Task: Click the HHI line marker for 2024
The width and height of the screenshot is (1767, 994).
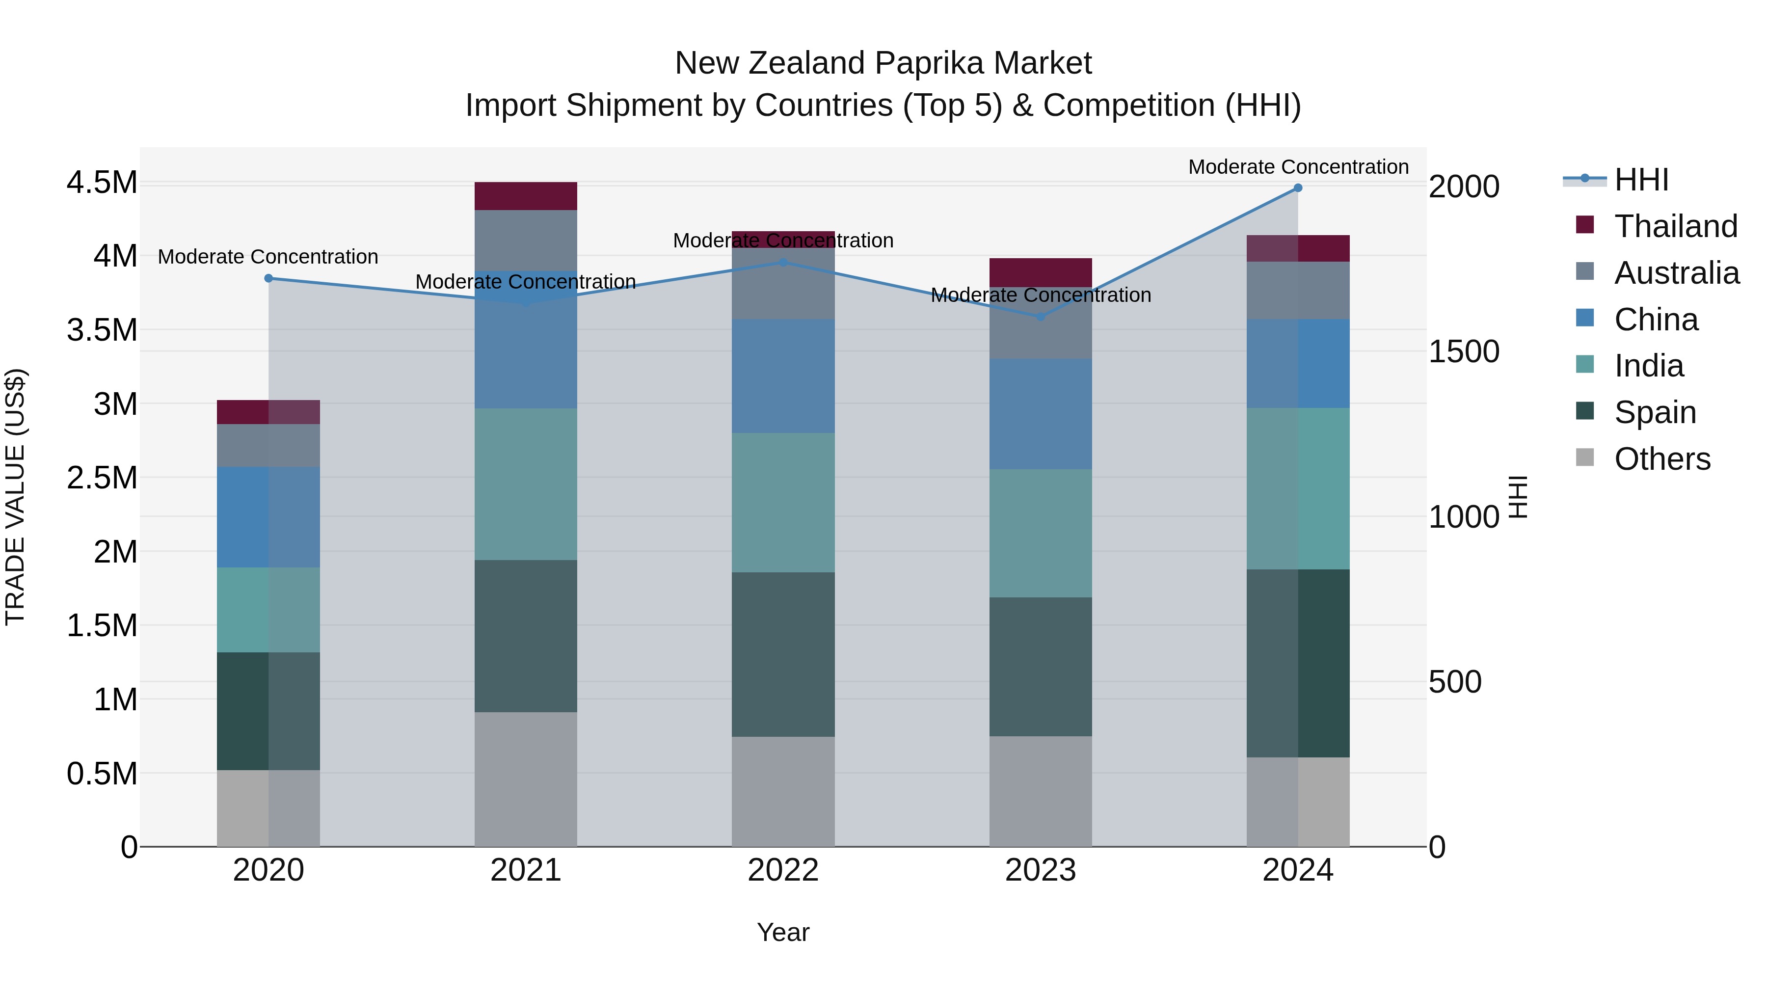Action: coord(1297,188)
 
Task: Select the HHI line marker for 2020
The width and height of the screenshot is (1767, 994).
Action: coord(268,278)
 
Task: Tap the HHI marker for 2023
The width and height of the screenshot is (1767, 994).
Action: coord(1040,317)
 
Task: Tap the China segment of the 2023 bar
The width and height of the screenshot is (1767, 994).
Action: coord(1040,414)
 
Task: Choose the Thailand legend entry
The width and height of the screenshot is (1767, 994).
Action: coord(1675,226)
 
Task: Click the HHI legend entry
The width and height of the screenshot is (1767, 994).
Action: coord(1641,180)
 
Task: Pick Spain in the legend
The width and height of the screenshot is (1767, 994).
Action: coord(1655,412)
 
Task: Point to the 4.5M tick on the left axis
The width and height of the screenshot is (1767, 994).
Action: coord(102,183)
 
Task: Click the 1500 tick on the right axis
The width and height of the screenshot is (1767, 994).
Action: coord(1463,352)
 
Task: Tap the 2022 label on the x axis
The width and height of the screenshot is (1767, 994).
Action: coord(783,870)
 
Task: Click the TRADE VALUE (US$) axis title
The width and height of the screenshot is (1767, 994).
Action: coord(15,497)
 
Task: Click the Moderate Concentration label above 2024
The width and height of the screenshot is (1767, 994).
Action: coord(1298,167)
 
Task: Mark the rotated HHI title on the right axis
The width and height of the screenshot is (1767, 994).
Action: coord(1518,497)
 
